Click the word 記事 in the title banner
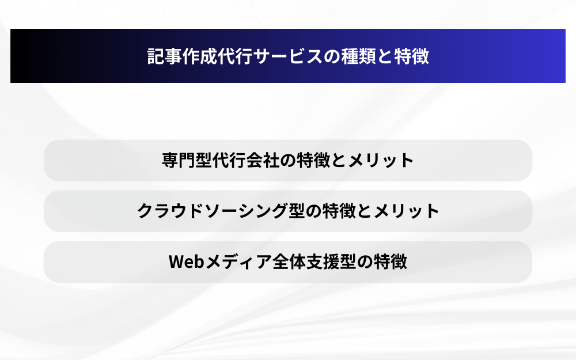click(x=165, y=56)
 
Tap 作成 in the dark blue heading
click(x=200, y=56)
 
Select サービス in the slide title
click(x=288, y=56)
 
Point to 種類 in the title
click(x=358, y=56)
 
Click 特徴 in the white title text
click(x=411, y=56)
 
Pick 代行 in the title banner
click(x=235, y=56)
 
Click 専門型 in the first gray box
click(x=187, y=160)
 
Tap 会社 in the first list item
click(x=263, y=160)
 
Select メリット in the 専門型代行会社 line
click(x=381, y=160)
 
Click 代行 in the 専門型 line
click(x=229, y=160)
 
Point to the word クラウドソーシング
click(x=213, y=211)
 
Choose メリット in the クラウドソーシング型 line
click(x=406, y=211)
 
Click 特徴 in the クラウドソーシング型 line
click(x=339, y=211)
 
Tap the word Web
click(x=186, y=262)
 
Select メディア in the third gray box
click(x=238, y=262)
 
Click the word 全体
click(x=289, y=262)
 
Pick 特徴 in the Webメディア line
click(x=391, y=262)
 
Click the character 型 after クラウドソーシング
click(x=297, y=211)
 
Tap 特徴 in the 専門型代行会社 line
click(x=313, y=160)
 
